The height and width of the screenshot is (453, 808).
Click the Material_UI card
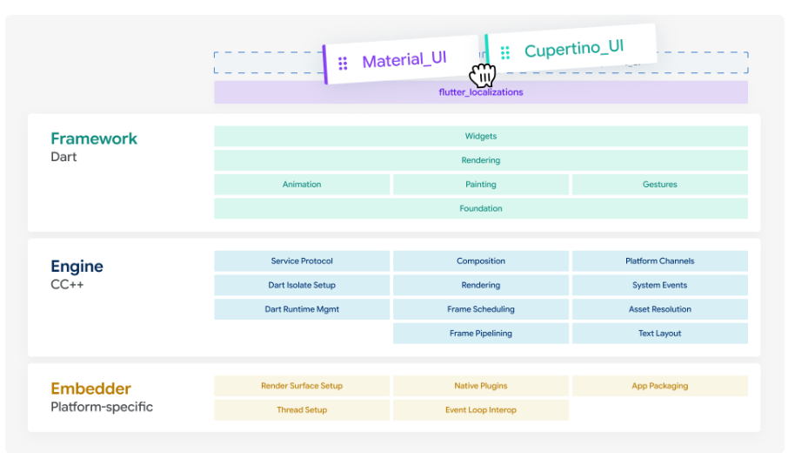[402, 60]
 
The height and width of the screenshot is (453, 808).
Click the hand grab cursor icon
[483, 75]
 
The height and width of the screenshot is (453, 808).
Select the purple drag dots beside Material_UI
[343, 64]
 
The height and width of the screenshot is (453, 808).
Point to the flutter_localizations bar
[481, 92]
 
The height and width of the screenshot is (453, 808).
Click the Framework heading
[94, 139]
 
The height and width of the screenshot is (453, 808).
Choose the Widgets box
[481, 136]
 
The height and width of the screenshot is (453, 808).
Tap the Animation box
[302, 184]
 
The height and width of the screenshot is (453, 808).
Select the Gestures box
[659, 184]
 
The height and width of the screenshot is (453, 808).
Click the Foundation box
[481, 208]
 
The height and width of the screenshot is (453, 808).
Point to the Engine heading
[77, 267]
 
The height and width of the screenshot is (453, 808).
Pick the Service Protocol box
[302, 261]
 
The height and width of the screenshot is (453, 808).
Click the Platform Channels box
[659, 261]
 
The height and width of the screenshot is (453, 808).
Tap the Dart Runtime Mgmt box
[302, 309]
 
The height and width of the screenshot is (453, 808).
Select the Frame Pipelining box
[481, 334]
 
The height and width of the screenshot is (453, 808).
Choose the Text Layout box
[659, 334]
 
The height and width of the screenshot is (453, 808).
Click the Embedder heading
[90, 389]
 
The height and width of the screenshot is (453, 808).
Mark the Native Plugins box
[481, 386]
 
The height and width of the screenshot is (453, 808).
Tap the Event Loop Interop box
[481, 410]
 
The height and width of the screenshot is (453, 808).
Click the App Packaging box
[659, 386]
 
